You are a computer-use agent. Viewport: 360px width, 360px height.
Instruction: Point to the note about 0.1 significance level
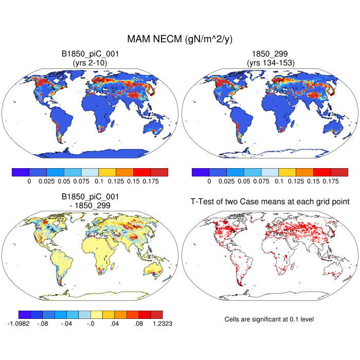coord(269,319)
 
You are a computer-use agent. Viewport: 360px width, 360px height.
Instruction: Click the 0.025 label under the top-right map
coord(227,182)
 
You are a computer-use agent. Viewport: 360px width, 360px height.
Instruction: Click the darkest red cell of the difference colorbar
coord(157,314)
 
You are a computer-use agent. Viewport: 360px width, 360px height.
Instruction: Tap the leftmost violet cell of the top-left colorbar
coord(21,172)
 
